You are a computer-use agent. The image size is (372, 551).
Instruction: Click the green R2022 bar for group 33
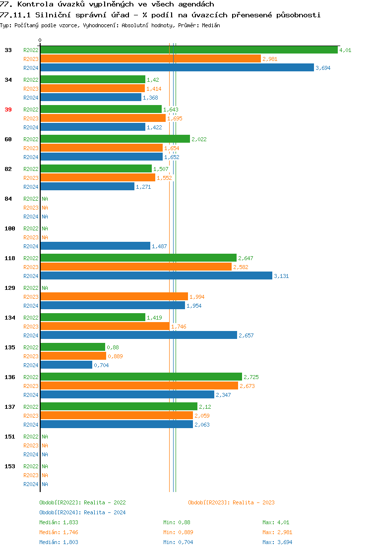(188, 50)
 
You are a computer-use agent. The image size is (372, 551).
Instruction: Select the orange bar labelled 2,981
(150, 58)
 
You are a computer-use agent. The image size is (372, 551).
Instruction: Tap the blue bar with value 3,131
(156, 275)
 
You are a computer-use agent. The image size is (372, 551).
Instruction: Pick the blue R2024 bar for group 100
(95, 246)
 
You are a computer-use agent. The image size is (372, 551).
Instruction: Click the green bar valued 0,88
(73, 347)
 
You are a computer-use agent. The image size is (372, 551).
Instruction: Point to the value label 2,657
(246, 335)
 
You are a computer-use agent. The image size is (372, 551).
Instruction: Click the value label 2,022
(199, 139)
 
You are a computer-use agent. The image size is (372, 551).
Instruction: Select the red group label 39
(8, 110)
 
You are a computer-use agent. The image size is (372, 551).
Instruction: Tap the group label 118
(10, 258)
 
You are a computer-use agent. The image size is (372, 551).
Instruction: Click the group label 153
(10, 466)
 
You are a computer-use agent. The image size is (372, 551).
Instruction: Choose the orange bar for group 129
(114, 296)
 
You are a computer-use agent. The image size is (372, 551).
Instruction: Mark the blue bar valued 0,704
(66, 365)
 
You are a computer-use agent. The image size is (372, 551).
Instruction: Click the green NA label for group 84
(45, 199)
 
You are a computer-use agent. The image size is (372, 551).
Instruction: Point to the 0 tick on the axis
(40, 40)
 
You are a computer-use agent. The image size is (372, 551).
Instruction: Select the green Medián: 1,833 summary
(59, 522)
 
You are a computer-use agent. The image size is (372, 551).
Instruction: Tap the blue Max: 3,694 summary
(277, 542)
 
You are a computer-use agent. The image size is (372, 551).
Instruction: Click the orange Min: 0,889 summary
(178, 532)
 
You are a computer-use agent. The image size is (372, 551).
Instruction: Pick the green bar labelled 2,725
(141, 377)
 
